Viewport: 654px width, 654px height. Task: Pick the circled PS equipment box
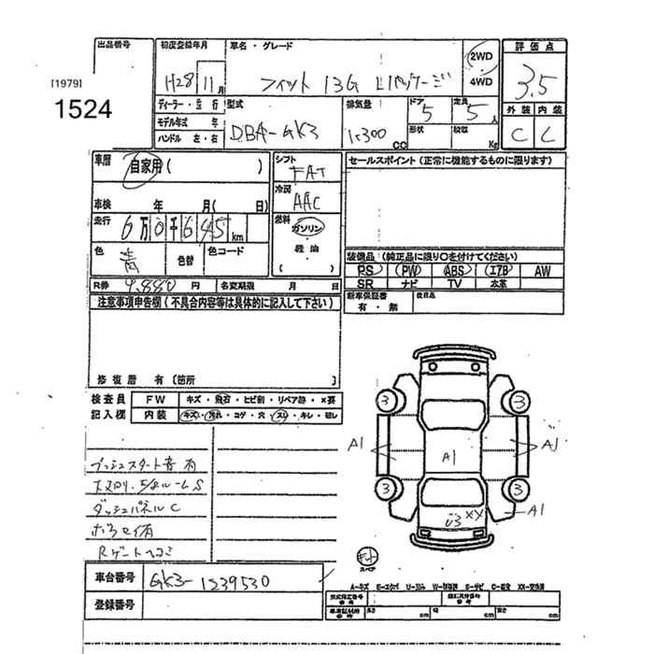coord(366,270)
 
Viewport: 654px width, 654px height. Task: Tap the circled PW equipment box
coord(411,270)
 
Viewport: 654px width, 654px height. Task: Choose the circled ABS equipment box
coord(457,270)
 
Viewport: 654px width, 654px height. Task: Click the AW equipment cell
coord(542,270)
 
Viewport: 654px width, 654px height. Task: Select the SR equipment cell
coord(366,282)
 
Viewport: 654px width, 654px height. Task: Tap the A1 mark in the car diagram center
coord(448,456)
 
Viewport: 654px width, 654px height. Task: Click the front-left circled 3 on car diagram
coord(384,401)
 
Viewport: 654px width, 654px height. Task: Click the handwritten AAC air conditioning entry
coord(306,199)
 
